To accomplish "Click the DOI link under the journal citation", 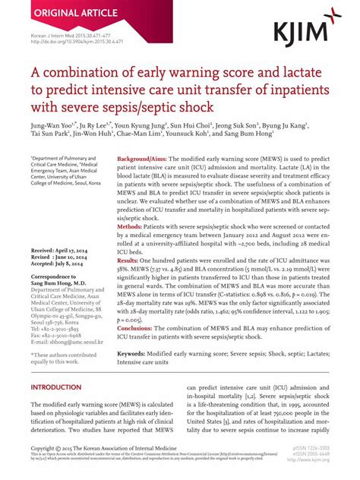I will pyautogui.click(x=69, y=42).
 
